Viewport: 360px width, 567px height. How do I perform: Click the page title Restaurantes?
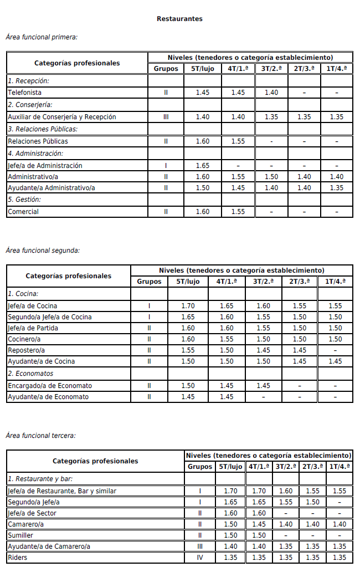pyautogui.click(x=179, y=19)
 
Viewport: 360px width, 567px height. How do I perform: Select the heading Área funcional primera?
pyautogui.click(x=42, y=37)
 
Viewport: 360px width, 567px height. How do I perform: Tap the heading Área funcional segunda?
pyautogui.click(x=43, y=250)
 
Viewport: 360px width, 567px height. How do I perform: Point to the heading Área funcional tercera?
pyautogui.click(x=40, y=436)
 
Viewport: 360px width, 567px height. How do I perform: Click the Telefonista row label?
pyautogui.click(x=24, y=93)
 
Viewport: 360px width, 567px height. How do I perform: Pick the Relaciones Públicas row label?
pyautogui.click(x=38, y=141)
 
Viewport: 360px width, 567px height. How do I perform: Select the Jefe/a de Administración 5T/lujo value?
pyautogui.click(x=203, y=166)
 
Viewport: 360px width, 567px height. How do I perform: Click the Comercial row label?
pyautogui.click(x=23, y=212)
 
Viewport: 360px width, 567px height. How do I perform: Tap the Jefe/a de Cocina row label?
pyautogui.click(x=32, y=306)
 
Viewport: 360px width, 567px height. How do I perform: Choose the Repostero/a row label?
pyautogui.click(x=26, y=350)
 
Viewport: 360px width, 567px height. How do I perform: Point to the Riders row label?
pyautogui.click(x=17, y=558)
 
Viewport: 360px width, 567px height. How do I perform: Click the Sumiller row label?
pyautogui.click(x=20, y=535)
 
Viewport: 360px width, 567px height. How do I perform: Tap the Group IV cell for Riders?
pyautogui.click(x=200, y=558)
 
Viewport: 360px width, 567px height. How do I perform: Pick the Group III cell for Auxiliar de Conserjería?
pyautogui.click(x=166, y=117)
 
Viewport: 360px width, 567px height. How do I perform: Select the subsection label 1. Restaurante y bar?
pyautogui.click(x=40, y=479)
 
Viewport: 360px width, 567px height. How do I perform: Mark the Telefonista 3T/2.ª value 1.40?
pyautogui.click(x=271, y=93)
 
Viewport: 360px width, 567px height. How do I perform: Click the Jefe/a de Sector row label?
pyautogui.click(x=32, y=513)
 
